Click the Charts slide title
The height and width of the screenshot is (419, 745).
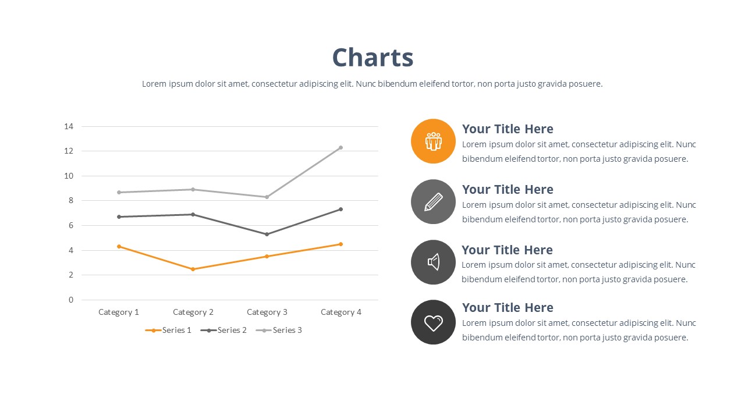point(372,58)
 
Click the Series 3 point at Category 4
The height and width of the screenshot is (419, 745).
point(340,148)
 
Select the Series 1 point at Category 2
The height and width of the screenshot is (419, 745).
point(193,269)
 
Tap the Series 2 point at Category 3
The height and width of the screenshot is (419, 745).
point(267,234)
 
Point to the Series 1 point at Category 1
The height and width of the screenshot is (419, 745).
point(119,246)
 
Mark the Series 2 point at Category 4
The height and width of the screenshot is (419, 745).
point(340,209)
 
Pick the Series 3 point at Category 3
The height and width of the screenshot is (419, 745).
point(267,197)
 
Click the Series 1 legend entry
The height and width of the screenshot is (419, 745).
point(168,330)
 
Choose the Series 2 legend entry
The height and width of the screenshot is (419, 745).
point(223,330)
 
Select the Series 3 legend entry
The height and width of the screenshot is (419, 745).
point(279,330)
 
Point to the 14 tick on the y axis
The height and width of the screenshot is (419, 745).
point(69,126)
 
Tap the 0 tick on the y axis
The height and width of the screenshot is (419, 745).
point(71,300)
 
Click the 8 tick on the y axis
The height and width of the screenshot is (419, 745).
point(71,201)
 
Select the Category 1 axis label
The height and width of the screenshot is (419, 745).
point(119,312)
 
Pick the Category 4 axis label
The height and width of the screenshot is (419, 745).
point(340,312)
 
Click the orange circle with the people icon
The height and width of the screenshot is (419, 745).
point(433,141)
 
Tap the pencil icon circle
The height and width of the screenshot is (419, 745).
point(433,201)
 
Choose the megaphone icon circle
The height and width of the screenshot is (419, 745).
point(433,262)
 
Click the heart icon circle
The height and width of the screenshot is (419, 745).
point(433,322)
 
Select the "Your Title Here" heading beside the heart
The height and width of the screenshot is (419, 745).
point(508,308)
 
